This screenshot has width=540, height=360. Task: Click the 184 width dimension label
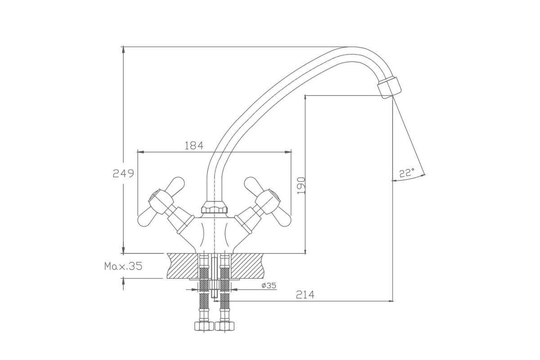point(194,145)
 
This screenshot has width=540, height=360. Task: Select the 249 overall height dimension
point(123,173)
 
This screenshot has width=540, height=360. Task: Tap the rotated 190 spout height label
point(301,185)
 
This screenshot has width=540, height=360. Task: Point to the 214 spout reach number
point(305,294)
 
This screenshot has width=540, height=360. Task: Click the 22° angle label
point(407,173)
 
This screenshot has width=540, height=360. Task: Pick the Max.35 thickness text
point(123,266)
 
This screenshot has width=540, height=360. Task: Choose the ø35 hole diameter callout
point(269,285)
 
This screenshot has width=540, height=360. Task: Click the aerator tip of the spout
point(390,87)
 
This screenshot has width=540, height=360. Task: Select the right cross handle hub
point(268,202)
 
